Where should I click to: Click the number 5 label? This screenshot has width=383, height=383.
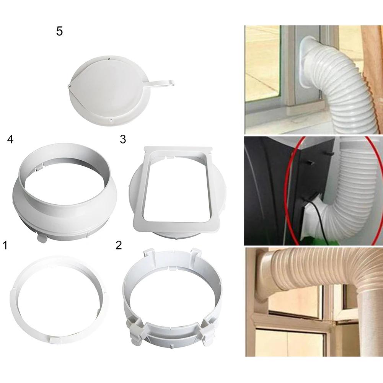59,31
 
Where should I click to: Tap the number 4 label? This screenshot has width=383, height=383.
10,139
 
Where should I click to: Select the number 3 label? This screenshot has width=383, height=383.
123,139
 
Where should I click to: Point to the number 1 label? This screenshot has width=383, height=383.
5,245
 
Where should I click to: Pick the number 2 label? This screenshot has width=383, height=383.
119,245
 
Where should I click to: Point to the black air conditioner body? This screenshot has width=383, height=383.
264,191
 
